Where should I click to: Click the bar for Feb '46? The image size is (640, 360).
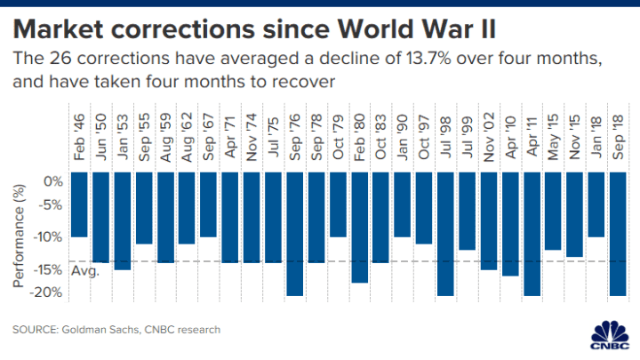[79, 204]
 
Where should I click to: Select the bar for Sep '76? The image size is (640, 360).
[295, 233]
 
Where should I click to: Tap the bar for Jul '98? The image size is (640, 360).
[445, 233]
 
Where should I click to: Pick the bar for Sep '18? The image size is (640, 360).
[617, 233]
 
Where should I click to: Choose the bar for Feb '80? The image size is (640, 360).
[359, 227]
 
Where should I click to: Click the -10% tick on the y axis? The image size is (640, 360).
[49, 237]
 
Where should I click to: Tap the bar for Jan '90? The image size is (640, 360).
[403, 204]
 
